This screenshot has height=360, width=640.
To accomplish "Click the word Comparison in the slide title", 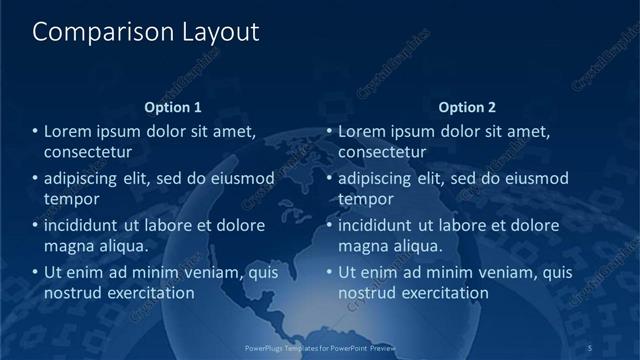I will (89, 32).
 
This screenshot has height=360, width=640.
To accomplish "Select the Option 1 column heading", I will (173, 107).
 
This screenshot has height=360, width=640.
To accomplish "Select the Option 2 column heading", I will (467, 107).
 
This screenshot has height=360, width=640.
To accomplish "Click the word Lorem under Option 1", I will (68, 131).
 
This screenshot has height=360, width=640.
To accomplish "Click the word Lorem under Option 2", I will (362, 131).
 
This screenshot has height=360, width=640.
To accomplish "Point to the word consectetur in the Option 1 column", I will (88, 152).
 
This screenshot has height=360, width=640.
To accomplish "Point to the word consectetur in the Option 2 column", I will (382, 152).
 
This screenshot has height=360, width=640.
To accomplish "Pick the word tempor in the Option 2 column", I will (366, 199).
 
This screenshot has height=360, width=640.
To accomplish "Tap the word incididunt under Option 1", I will (88, 225).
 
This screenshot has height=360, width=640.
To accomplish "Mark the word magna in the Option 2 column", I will (365, 246).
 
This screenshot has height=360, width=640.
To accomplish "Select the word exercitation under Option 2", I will (441, 293).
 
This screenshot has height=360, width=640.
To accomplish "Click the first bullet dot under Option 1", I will (35, 131).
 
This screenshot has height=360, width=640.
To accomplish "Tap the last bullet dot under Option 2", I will (329, 272).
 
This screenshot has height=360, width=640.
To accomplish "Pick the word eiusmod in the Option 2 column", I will (535, 179).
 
